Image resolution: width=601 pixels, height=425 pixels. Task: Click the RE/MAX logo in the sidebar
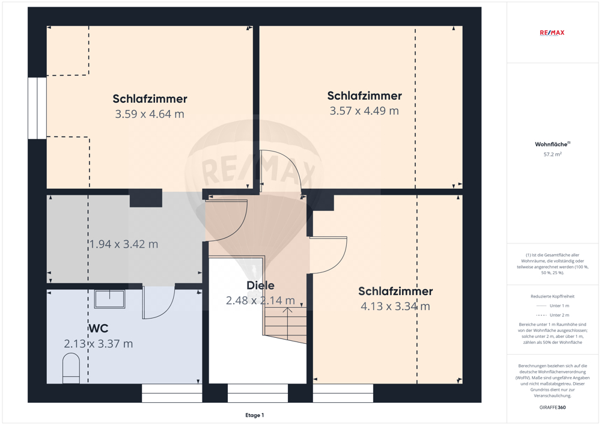pos(552,32)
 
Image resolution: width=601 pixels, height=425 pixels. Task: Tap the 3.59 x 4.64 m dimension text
pos(150,114)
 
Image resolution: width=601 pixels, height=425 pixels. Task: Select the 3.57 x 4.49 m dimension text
pos(364,111)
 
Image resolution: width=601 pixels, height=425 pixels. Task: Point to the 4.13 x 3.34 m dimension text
pos(395,306)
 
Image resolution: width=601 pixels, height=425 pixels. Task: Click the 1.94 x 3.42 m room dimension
pos(124,244)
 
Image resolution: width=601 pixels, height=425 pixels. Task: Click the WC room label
pos(99,328)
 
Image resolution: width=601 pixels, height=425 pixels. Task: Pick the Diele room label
pos(261,285)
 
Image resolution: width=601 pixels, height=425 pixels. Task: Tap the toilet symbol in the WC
pos(71,368)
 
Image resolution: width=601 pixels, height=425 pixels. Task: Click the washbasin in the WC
pos(109,299)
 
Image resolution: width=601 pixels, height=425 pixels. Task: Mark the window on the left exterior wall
pos(37,108)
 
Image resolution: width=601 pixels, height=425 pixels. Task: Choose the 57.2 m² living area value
pos(552,154)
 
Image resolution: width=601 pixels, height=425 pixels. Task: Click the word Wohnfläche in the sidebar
pos(551,144)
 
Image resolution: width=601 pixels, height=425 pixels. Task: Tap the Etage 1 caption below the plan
pos(254,415)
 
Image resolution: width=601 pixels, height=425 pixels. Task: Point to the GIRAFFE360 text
pos(552,408)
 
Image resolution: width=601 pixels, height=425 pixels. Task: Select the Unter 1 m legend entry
pos(552,306)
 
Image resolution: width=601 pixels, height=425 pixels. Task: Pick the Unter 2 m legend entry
pos(552,315)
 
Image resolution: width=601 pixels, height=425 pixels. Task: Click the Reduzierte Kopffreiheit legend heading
pos(552,296)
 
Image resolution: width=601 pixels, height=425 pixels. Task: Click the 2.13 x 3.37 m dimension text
pos(99,344)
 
